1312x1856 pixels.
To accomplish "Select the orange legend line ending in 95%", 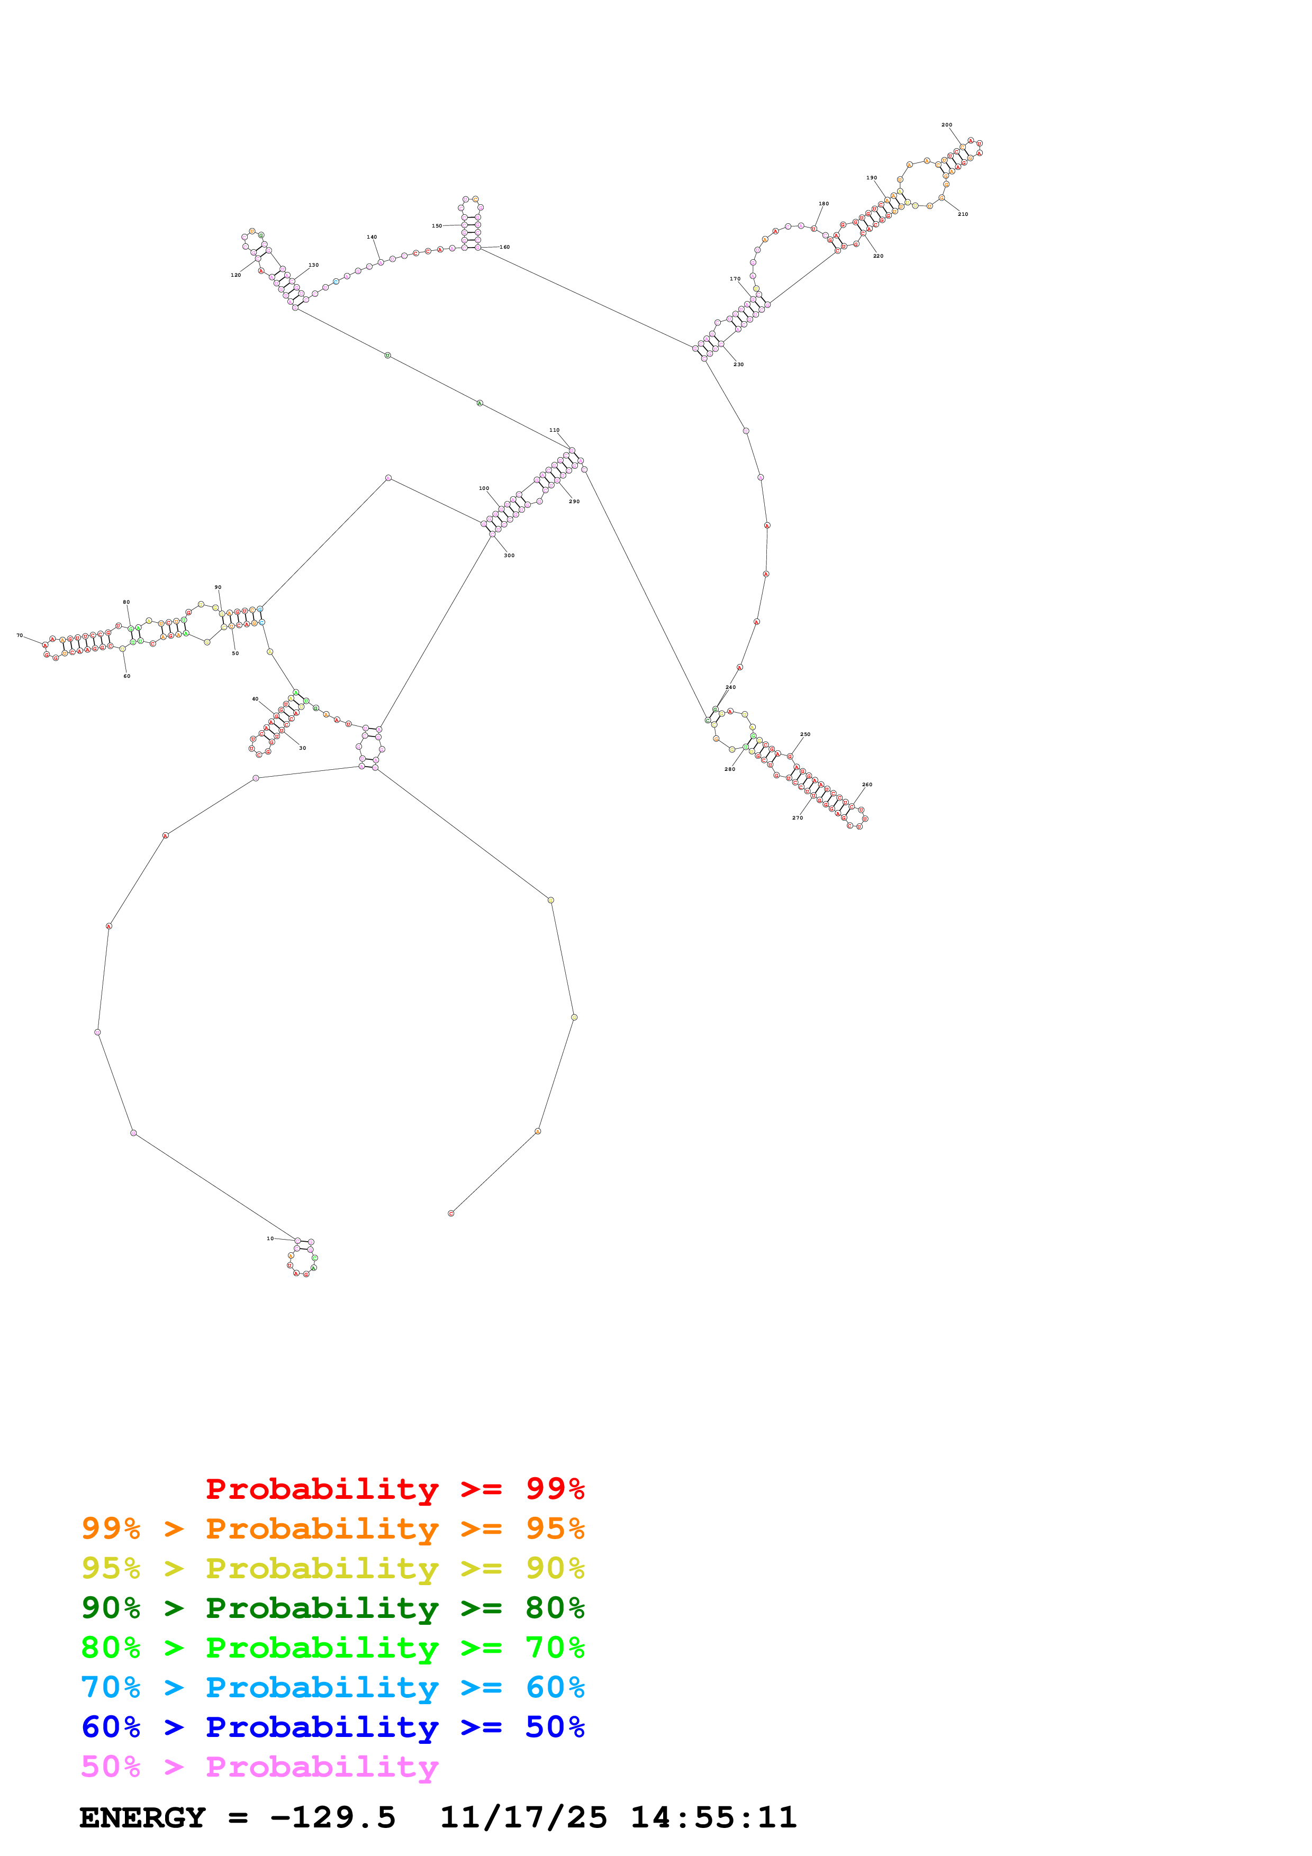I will (332, 1529).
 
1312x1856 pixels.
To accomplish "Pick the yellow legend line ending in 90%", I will (332, 1568).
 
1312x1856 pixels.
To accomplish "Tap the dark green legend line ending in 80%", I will (332, 1608).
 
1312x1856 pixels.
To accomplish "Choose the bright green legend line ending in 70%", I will (332, 1648).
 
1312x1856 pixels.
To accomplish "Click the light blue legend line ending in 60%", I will (332, 1687).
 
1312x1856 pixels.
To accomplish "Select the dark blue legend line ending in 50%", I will (332, 1727).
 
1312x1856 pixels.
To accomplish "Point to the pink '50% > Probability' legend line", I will (259, 1766).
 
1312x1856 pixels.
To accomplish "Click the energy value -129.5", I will (332, 1817).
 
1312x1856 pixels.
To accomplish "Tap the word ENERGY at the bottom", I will (142, 1817).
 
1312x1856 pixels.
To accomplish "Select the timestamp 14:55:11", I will (713, 1817).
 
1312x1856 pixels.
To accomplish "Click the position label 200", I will (947, 125).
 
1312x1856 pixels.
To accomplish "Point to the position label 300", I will (509, 556).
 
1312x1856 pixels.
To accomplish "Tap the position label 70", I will (20, 635).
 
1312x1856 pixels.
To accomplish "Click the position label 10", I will (270, 1239).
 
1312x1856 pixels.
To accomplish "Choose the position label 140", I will (372, 238).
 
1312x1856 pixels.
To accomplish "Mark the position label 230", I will (738, 365).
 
